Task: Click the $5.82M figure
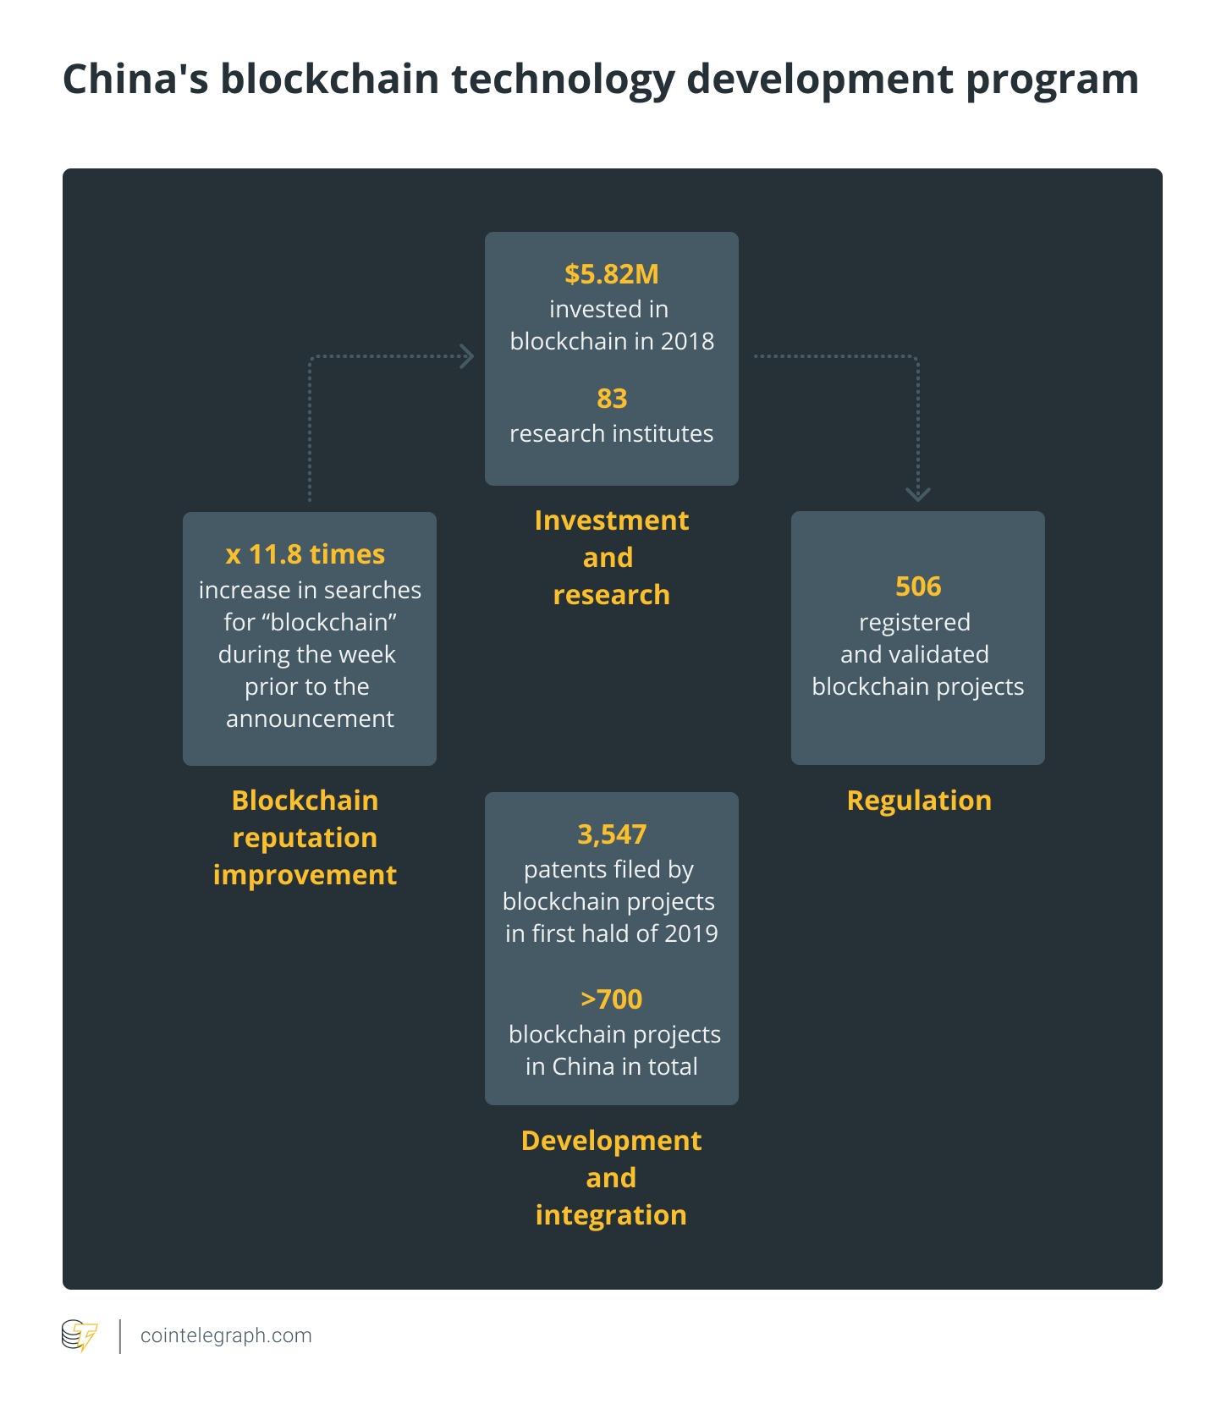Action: pos(611,274)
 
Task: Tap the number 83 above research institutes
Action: pos(612,399)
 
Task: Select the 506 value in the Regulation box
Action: pos(918,586)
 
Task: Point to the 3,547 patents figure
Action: pos(612,835)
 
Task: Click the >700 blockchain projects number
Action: pos(611,999)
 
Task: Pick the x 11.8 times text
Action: pos(305,554)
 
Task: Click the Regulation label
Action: pos(919,801)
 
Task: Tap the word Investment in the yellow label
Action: pos(612,520)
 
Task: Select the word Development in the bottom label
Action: pos(611,1141)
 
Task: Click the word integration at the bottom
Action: pos(611,1215)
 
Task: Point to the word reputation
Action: pos(305,838)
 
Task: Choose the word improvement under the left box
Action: pos(305,875)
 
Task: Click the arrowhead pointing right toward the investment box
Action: pos(466,356)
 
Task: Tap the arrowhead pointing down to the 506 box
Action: pos(918,494)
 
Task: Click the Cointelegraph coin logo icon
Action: pos(80,1336)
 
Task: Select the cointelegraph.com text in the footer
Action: pos(226,1335)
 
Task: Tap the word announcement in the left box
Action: pos(310,719)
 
